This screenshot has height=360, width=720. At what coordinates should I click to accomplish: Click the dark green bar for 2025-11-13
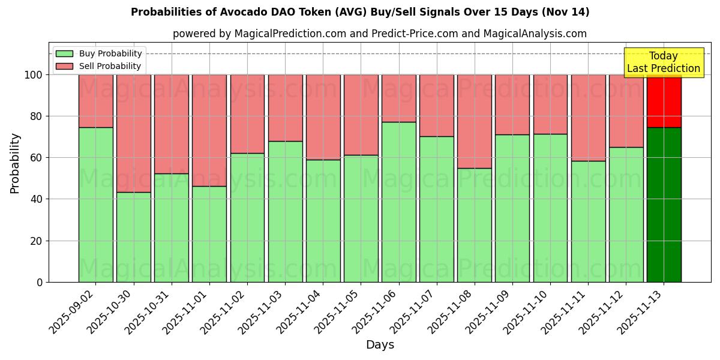pos(664,205)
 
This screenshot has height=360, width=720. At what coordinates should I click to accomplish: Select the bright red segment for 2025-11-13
pos(664,101)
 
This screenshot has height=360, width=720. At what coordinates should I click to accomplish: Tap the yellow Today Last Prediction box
pos(664,62)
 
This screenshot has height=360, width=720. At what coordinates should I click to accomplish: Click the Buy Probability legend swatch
pos(64,53)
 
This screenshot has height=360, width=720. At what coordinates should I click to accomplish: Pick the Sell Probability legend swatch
pos(64,66)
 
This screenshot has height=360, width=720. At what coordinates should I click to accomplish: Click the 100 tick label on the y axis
pos(33,75)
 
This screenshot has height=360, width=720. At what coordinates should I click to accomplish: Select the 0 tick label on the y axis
pos(40,282)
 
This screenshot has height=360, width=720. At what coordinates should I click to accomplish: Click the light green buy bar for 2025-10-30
pos(134,237)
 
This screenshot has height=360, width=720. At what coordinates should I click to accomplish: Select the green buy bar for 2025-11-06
pos(399,202)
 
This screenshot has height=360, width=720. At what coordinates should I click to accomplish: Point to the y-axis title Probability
pos(15,163)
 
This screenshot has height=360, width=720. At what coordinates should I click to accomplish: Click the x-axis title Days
pos(380,345)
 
